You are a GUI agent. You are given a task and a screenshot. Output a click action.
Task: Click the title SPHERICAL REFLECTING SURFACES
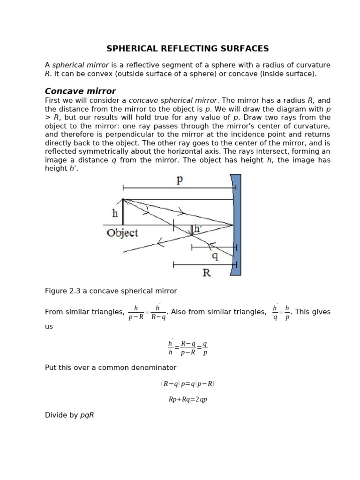tap(187, 49)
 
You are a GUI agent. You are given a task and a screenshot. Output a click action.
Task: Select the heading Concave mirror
tap(80, 91)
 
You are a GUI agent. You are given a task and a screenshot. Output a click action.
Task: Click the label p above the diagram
tap(180, 180)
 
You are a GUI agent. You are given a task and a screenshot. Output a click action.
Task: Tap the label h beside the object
tap(115, 213)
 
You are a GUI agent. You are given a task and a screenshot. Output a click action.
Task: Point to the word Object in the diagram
tap(122, 233)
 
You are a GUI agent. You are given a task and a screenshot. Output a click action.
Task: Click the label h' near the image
tap(198, 229)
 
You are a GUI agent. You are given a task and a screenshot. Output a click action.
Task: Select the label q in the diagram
tap(215, 256)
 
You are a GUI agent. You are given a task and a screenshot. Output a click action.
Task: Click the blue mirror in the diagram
tap(237, 225)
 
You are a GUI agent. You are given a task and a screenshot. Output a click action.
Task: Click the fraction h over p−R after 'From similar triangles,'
tap(136, 312)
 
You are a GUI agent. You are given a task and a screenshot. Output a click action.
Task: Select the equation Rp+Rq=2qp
tap(187, 400)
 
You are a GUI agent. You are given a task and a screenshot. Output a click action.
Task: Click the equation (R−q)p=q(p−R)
tap(187, 384)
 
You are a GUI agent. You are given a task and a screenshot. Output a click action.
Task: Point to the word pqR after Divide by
tap(87, 415)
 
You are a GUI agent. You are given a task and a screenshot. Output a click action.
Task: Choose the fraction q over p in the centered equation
tap(205, 348)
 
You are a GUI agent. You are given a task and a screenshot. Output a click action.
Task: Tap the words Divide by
tap(61, 415)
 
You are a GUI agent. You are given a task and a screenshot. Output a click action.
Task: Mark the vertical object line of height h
tap(123, 212)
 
